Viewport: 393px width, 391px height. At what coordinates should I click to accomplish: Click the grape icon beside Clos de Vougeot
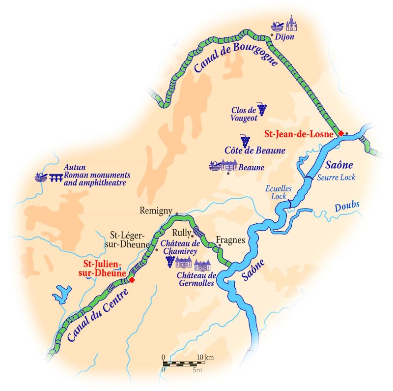point(262,109)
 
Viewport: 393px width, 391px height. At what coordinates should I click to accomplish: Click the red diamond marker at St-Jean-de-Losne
point(340,133)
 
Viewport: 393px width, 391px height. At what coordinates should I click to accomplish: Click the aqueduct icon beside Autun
point(56,179)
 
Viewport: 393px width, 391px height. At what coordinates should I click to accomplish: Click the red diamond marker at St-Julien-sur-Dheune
point(132,280)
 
